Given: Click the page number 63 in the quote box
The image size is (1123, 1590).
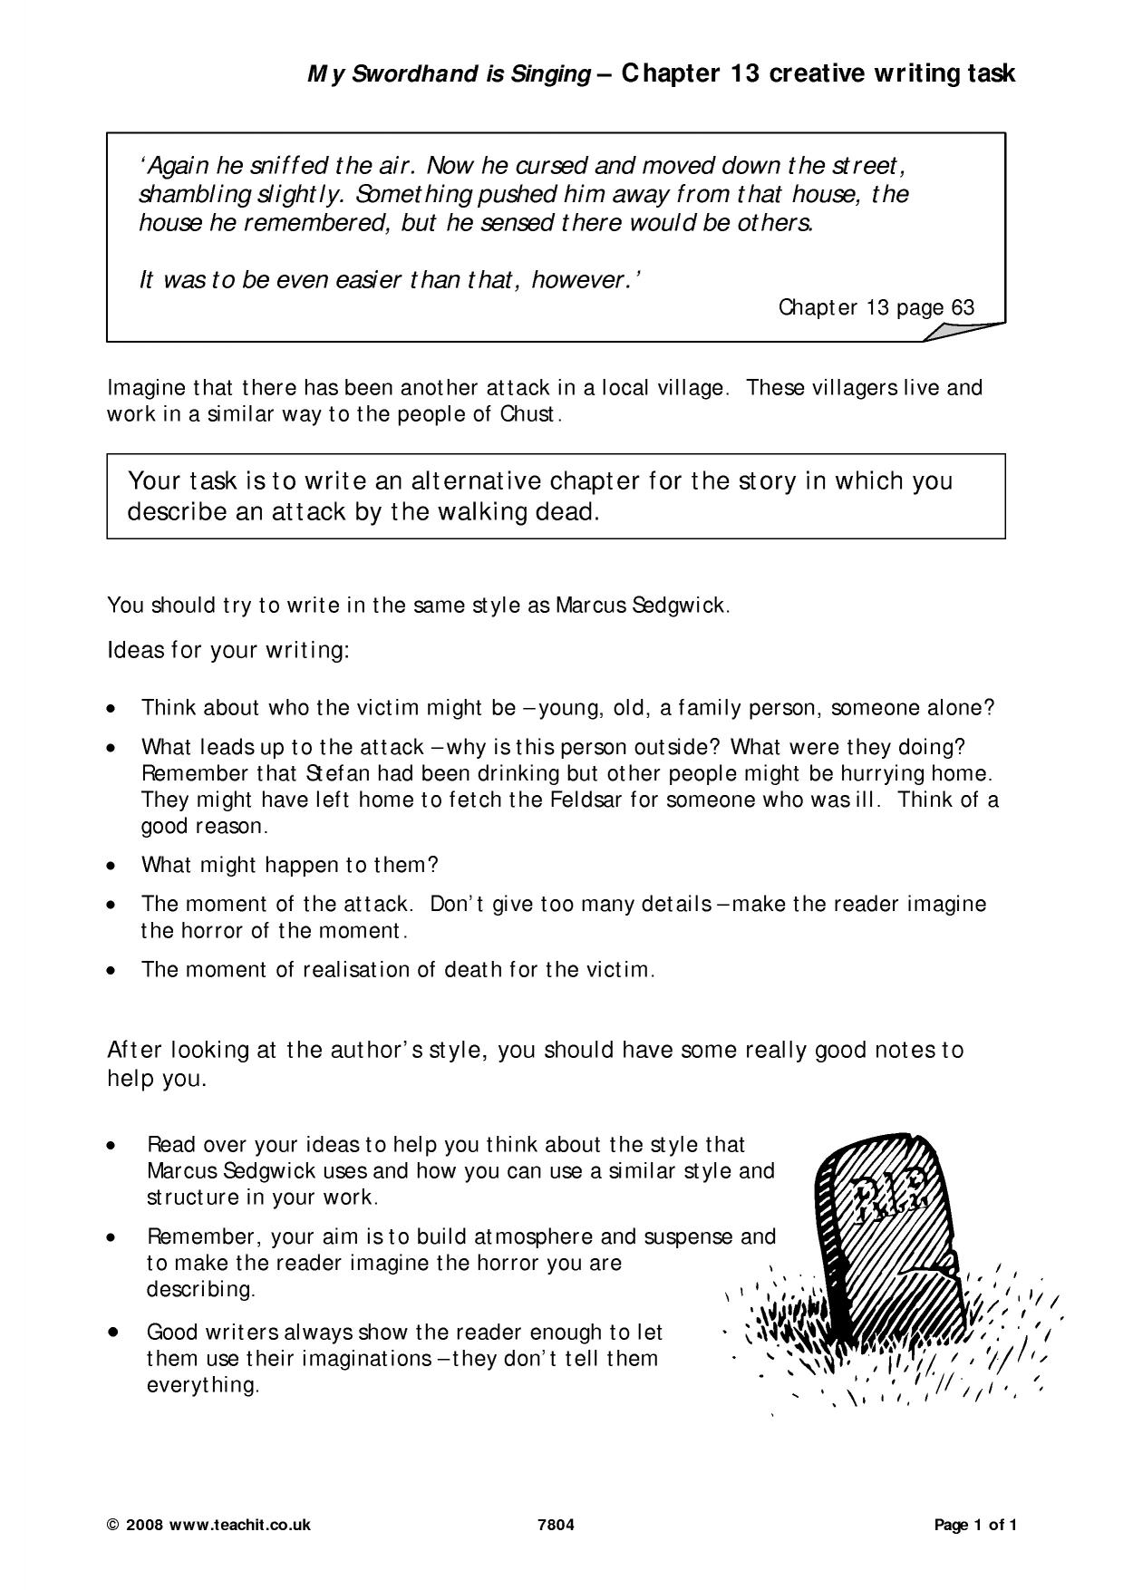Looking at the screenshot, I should point(963,308).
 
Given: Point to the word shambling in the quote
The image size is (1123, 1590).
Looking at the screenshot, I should point(180,195).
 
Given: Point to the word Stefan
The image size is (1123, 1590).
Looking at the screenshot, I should point(330,774).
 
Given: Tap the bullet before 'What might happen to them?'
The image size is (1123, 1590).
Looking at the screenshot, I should point(111,866).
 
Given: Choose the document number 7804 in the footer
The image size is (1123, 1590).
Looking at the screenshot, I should point(556,1525).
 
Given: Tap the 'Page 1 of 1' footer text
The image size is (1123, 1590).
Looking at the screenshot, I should point(975,1525).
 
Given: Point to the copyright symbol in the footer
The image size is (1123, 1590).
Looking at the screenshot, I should point(112,1525).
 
